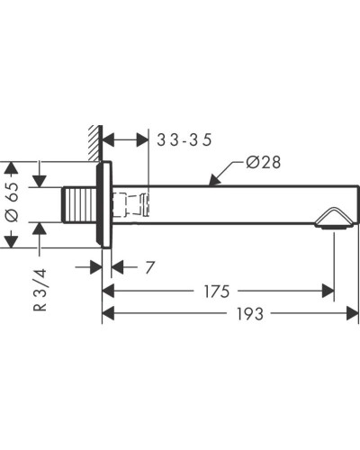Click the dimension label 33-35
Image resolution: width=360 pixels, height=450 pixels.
click(184, 140)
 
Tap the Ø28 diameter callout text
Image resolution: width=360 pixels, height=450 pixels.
click(263, 162)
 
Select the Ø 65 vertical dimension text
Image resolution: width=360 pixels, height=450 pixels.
click(12, 202)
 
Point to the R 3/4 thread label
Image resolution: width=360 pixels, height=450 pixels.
click(40, 290)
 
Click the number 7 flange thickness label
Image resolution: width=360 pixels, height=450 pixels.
click(149, 267)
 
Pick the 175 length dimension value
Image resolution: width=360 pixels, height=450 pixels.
click(217, 292)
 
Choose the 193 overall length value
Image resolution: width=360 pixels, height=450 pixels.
click(250, 314)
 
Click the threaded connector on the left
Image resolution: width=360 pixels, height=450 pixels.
click(79, 205)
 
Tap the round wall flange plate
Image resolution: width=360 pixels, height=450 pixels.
click(104, 204)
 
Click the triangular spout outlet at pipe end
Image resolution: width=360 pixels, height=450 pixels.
click(331, 219)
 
